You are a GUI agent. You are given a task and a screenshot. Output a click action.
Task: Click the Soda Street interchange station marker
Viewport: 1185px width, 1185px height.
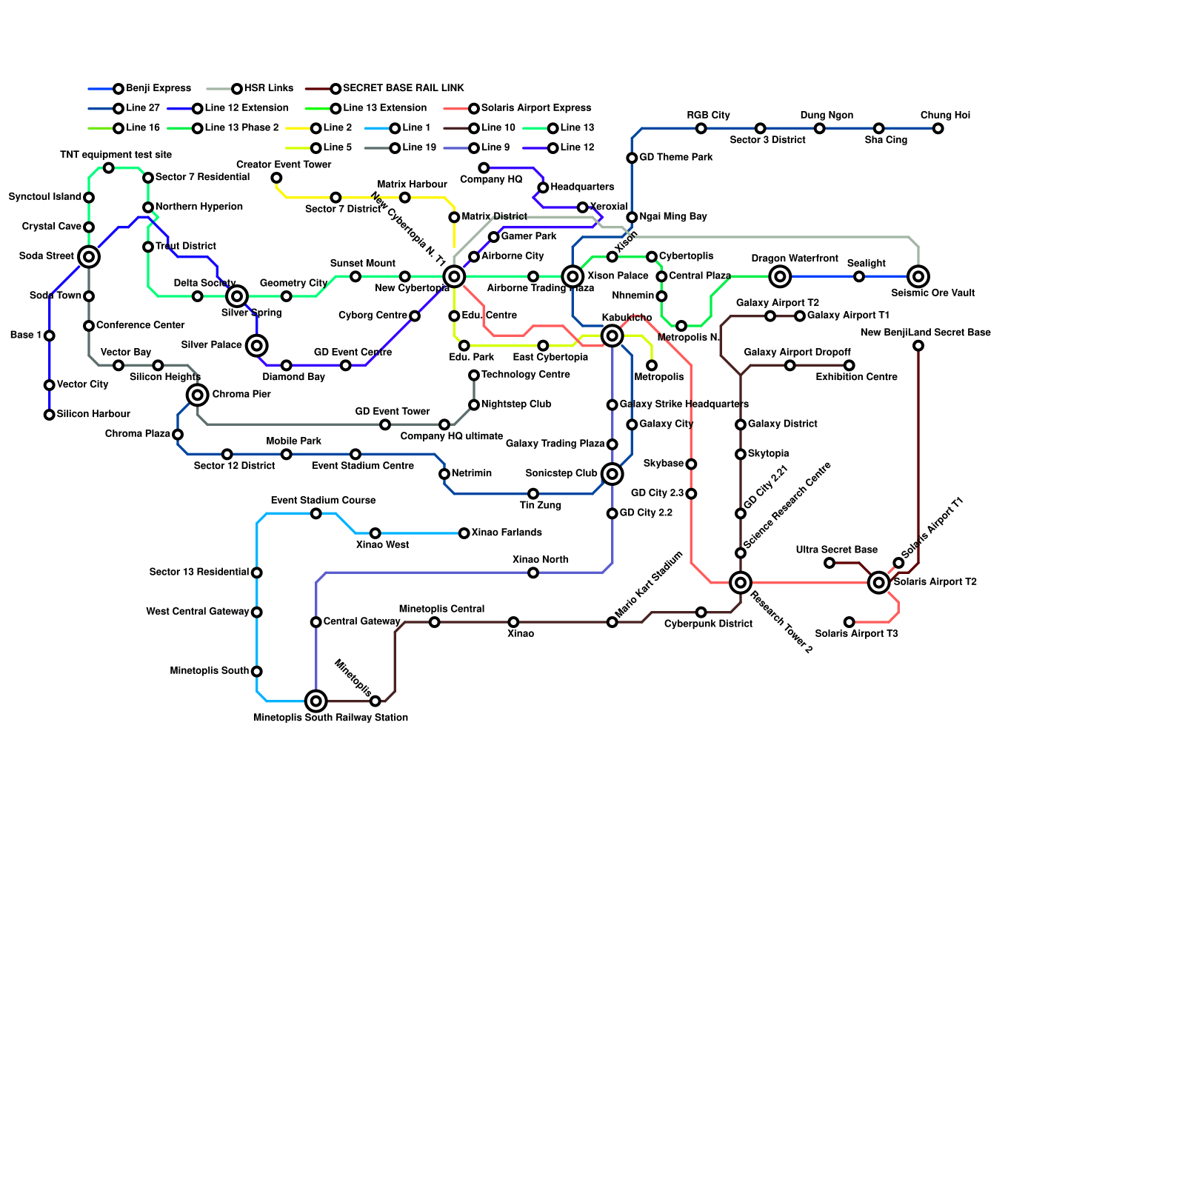click(x=89, y=257)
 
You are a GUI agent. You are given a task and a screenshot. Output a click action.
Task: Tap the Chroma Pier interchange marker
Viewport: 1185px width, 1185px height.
click(x=197, y=395)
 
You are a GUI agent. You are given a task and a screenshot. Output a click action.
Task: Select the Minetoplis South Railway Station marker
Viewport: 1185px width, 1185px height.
click(x=316, y=701)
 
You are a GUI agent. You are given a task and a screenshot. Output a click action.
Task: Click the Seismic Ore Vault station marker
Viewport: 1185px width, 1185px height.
click(x=918, y=277)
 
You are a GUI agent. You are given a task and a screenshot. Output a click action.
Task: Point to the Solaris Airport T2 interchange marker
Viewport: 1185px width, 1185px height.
click(x=879, y=583)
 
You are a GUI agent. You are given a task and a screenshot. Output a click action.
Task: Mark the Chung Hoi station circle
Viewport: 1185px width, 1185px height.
click(x=938, y=129)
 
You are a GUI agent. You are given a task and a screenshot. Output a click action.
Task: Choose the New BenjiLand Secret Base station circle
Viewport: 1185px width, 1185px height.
click(x=918, y=346)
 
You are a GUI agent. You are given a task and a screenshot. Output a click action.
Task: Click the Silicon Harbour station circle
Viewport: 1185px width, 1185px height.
click(x=50, y=415)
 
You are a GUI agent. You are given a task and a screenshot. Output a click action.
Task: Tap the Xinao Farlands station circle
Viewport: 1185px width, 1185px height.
click(x=464, y=533)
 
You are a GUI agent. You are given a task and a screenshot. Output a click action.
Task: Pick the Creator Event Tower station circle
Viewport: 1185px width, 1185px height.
click(x=276, y=178)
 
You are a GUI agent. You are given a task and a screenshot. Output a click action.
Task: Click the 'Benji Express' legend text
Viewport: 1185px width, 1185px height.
click(x=158, y=88)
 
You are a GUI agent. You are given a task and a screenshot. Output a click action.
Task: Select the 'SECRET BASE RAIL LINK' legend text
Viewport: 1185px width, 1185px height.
click(x=404, y=88)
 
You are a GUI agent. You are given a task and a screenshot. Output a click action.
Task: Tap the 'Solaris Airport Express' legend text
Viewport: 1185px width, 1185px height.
click(x=536, y=108)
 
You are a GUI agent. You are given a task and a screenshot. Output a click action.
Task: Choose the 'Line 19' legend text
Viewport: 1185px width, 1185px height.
click(x=419, y=147)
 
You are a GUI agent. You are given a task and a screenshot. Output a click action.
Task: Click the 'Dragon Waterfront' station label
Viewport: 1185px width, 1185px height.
click(x=795, y=258)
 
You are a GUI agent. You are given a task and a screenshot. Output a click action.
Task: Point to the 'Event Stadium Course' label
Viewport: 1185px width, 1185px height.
click(x=324, y=501)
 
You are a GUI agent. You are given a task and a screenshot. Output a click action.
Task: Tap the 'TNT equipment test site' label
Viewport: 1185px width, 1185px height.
click(x=116, y=155)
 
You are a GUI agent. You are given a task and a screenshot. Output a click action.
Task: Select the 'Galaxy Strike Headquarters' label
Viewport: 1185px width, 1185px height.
click(x=684, y=404)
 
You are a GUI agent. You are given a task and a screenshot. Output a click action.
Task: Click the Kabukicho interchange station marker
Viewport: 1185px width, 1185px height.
click(x=612, y=336)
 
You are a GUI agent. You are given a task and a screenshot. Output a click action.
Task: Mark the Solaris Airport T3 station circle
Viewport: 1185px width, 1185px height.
click(x=849, y=622)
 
